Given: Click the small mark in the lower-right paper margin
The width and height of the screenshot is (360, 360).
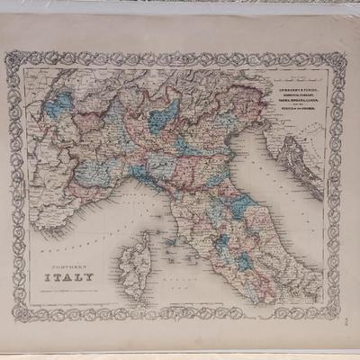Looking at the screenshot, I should point(350,312).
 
